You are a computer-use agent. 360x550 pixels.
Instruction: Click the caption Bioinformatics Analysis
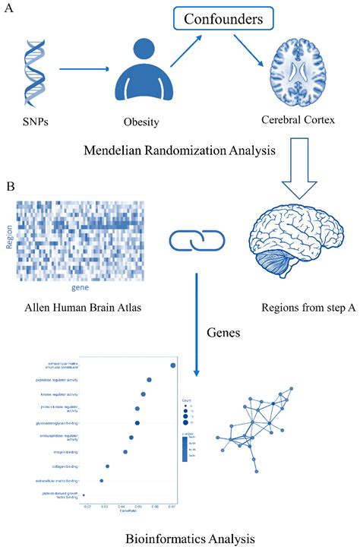180,537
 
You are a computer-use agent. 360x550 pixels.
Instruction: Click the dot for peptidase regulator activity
150,379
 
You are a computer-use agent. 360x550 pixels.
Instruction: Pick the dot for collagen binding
107,466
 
